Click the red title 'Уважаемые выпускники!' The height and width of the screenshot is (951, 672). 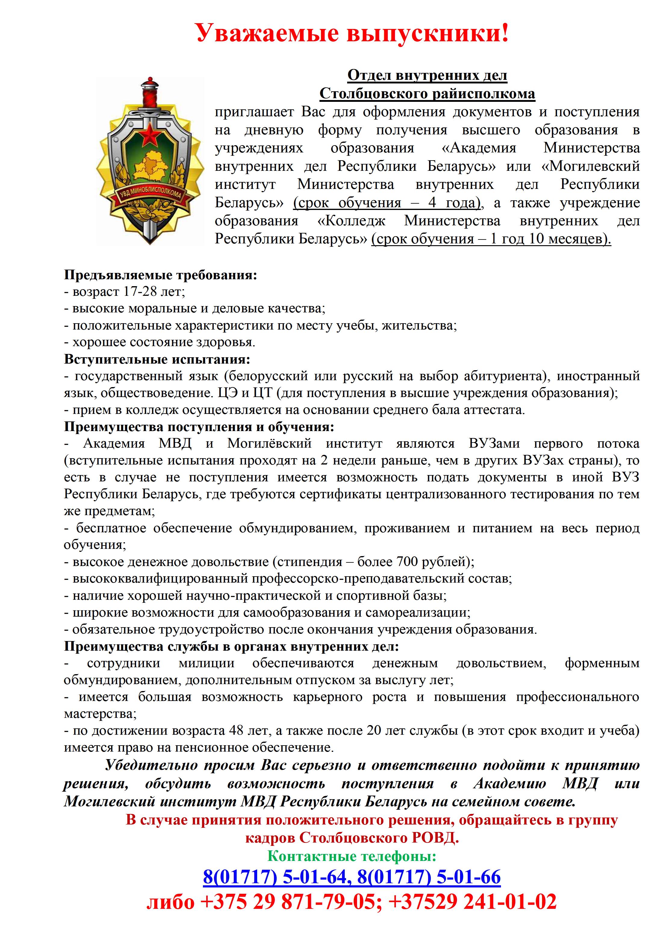(352, 33)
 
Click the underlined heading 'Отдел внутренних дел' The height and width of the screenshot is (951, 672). (427, 75)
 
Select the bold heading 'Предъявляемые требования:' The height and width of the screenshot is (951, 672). (161, 275)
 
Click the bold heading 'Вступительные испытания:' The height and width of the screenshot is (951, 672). (157, 359)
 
